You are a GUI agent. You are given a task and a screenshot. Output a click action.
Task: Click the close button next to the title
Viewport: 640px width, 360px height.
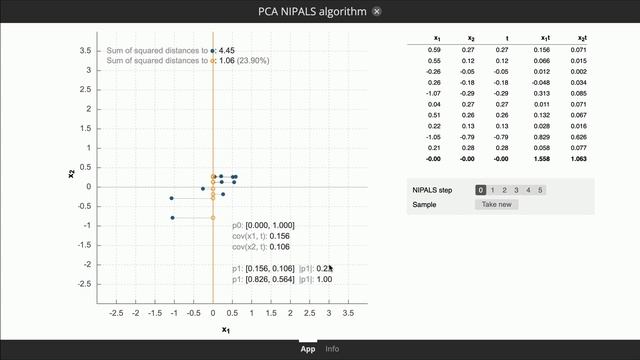tap(376, 11)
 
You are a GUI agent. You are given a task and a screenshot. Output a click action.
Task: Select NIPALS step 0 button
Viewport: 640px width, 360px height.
tap(481, 189)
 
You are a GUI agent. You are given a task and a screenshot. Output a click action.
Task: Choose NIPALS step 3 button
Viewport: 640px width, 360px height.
tap(517, 189)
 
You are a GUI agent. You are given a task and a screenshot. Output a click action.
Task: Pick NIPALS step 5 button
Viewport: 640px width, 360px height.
tap(541, 189)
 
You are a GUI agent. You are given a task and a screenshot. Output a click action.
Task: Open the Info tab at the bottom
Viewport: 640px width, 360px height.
tap(332, 349)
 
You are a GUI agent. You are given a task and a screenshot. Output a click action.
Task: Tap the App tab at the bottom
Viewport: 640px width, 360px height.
tap(308, 349)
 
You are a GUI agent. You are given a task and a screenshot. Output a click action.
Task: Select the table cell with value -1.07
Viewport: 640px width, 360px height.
tap(433, 93)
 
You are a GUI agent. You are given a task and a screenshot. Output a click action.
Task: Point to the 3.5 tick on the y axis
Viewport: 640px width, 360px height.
tap(86, 51)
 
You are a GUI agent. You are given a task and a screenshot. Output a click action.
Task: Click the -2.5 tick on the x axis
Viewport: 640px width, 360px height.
tap(115, 313)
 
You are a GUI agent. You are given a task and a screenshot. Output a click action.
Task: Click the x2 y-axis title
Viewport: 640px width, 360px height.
tap(71, 173)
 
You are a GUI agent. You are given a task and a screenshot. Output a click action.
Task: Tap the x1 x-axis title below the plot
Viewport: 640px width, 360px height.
tap(225, 329)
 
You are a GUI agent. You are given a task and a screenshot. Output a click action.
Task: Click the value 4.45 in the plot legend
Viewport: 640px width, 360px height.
tap(227, 50)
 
